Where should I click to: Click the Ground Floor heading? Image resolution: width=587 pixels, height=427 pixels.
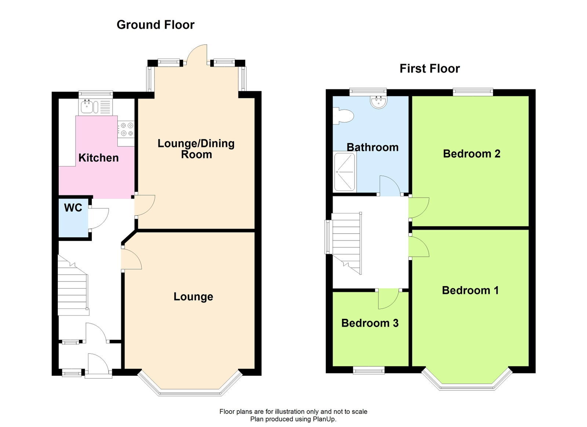(x=156, y=25)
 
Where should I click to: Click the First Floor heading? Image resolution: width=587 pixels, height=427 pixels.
(x=430, y=69)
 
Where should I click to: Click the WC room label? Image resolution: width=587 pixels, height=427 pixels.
(x=73, y=208)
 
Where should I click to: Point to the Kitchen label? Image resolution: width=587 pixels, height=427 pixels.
(x=99, y=158)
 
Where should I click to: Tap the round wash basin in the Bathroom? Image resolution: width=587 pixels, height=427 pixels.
(x=379, y=102)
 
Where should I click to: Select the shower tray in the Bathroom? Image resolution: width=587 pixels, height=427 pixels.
(x=344, y=172)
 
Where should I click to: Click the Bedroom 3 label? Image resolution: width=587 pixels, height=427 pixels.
(x=370, y=323)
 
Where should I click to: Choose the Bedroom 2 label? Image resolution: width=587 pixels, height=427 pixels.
(x=471, y=154)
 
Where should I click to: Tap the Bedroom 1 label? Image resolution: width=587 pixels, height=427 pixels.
(x=470, y=290)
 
